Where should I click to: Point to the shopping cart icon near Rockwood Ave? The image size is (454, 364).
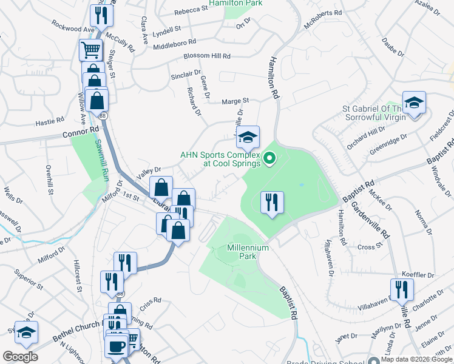(90, 50)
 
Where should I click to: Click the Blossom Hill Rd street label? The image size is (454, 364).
(208, 56)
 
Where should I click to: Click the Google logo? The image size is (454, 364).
(21, 357)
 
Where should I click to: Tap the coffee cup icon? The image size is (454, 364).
(116, 346)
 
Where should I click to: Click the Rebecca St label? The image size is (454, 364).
(191, 12)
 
